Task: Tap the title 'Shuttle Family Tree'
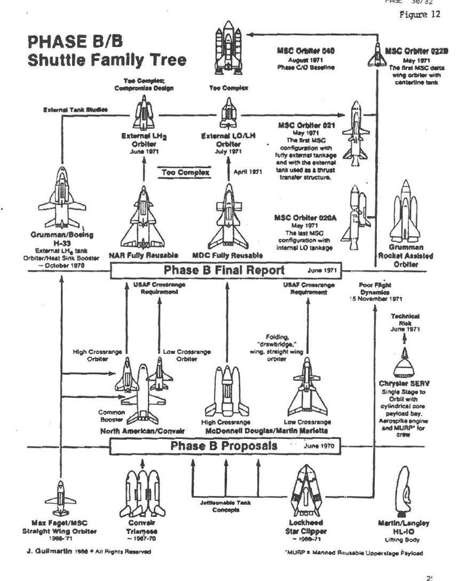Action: (107, 60)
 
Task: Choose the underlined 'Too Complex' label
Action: (186, 173)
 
